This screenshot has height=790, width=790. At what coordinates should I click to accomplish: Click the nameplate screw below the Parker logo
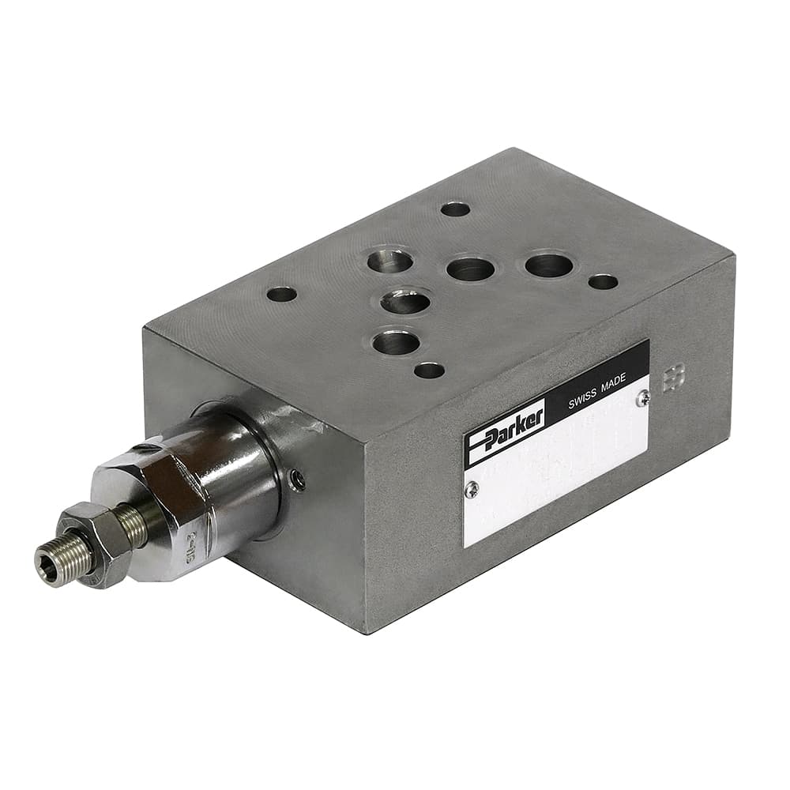coord(472,490)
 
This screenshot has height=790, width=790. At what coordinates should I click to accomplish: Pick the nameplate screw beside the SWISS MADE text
coord(643,399)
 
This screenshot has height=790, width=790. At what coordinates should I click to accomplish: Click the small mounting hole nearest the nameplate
coord(429,370)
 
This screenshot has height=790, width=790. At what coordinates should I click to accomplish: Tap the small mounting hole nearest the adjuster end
coord(281,295)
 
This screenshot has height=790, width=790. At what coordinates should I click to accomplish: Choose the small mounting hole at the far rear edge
coord(455,209)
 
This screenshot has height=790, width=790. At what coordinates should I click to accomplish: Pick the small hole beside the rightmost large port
coord(603,282)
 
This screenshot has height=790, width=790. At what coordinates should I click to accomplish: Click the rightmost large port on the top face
coord(548,265)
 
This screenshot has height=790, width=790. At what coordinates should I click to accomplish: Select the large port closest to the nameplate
coord(396,342)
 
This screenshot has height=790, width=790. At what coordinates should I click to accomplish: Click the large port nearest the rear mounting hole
coord(389,260)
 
